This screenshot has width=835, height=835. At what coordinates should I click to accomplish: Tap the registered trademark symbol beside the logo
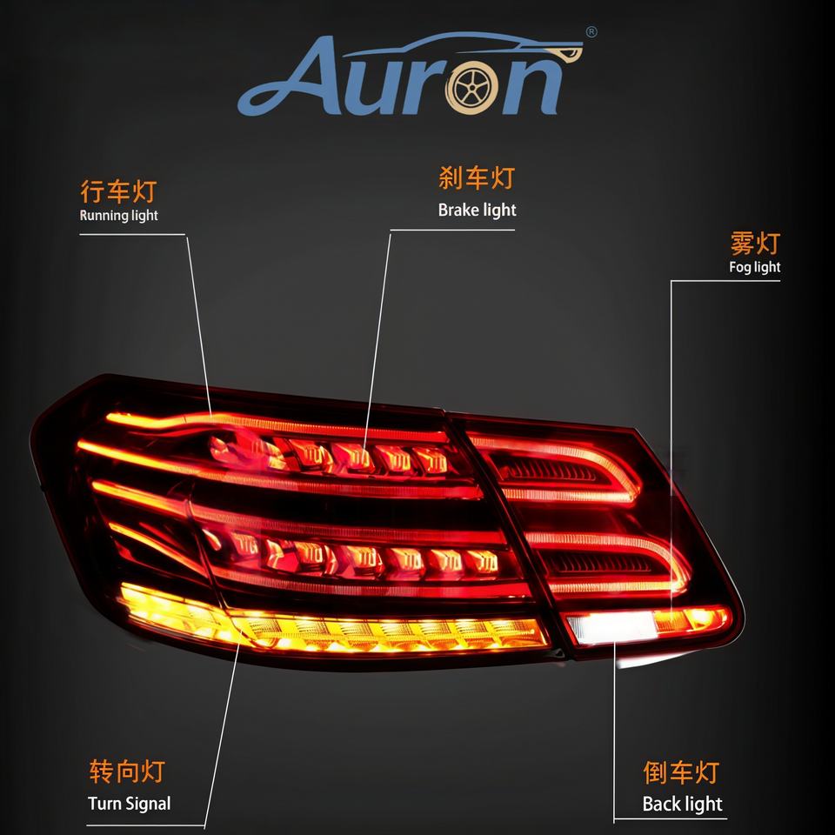pyautogui.click(x=591, y=33)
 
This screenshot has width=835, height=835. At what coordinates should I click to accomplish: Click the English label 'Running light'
pyautogui.click(x=119, y=215)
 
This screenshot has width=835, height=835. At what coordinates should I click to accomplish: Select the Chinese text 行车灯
pyautogui.click(x=117, y=191)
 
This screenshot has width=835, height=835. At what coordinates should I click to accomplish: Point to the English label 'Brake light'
pyautogui.click(x=477, y=210)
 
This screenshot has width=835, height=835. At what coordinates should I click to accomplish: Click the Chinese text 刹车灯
pyautogui.click(x=477, y=179)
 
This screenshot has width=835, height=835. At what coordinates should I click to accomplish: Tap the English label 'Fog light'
pyautogui.click(x=754, y=267)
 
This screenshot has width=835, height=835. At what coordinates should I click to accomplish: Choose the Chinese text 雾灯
pyautogui.click(x=755, y=243)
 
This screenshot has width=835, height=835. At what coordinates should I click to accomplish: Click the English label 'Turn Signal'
pyautogui.click(x=130, y=803)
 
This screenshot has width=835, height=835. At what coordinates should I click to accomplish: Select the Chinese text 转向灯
pyautogui.click(x=126, y=771)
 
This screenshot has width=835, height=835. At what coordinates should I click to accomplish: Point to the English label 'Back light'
pyautogui.click(x=682, y=804)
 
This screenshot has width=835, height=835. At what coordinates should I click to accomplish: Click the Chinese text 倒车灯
pyautogui.click(x=681, y=772)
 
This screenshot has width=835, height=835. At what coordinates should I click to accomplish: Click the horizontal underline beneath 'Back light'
pyautogui.click(x=670, y=819)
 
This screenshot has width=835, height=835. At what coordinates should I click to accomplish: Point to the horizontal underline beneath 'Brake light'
pyautogui.click(x=452, y=230)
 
